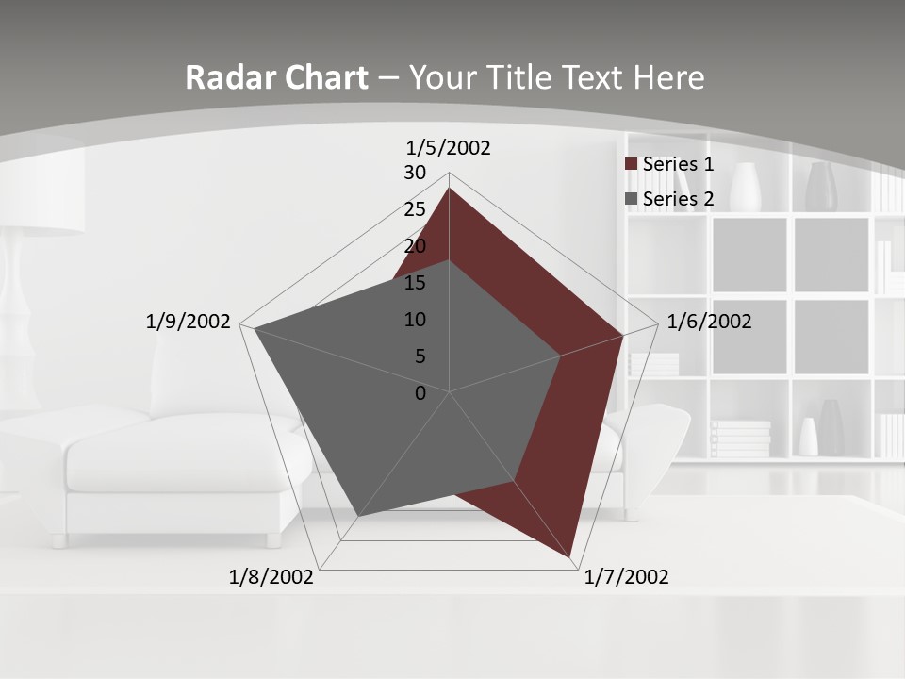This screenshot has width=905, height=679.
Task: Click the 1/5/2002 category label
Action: [449, 147]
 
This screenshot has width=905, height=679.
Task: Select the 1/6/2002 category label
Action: [709, 322]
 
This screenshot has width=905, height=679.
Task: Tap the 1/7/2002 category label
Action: [626, 577]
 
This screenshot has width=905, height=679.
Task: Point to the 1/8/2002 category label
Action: [271, 577]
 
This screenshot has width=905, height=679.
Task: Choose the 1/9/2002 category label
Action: [189, 322]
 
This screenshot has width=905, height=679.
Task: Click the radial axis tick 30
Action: [415, 173]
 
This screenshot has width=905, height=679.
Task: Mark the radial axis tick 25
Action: [415, 209]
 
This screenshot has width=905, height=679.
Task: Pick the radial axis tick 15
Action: [415, 283]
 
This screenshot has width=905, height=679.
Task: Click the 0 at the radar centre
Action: [420, 393]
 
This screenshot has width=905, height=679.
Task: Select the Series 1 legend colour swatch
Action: [632, 164]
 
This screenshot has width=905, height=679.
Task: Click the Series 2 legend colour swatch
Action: [632, 199]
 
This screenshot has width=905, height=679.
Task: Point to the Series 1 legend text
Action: [678, 164]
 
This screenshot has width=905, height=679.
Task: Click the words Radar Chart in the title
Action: [276, 77]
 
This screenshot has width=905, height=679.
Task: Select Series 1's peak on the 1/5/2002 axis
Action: [449, 188]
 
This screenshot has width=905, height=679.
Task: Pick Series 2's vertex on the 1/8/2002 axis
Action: [359, 516]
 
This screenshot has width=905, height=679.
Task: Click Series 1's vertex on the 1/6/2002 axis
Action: [622, 335]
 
